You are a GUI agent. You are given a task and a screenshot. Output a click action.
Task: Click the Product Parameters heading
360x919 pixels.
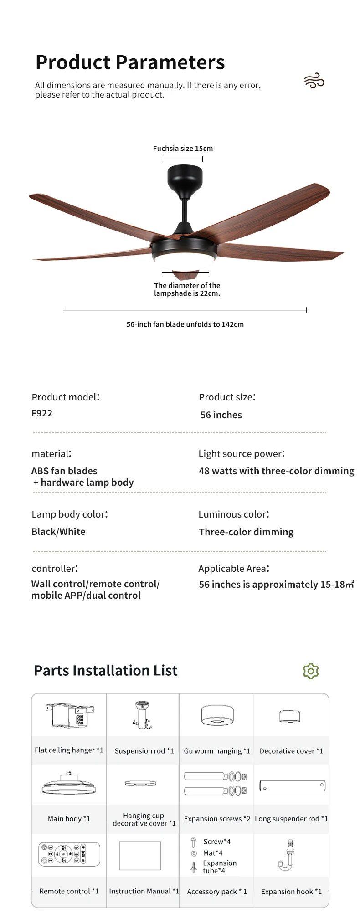(130, 62)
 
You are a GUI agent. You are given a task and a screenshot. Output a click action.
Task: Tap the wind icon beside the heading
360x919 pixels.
(314, 82)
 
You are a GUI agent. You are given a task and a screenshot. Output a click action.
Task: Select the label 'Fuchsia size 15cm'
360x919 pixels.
(183, 149)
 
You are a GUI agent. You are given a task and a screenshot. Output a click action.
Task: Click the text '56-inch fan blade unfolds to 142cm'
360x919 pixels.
(185, 324)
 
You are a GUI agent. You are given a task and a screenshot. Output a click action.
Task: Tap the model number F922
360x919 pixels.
(42, 413)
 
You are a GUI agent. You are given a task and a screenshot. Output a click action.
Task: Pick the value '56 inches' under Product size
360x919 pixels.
(221, 415)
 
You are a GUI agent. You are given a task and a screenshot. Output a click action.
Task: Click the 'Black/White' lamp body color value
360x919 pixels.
(58, 532)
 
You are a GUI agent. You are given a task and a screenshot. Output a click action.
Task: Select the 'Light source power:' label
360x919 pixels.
(242, 454)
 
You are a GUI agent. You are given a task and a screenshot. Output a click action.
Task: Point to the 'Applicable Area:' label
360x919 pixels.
(234, 569)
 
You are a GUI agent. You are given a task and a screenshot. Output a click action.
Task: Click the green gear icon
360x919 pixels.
(311, 671)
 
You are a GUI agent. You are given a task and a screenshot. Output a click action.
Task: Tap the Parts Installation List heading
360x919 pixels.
(106, 671)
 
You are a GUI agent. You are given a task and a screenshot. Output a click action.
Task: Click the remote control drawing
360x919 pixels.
(69, 853)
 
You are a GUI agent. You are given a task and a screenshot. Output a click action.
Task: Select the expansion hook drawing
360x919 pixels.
(288, 855)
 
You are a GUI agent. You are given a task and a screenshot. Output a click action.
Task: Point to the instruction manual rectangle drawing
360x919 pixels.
(140, 855)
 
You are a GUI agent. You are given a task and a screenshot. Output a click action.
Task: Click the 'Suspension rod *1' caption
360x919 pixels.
(144, 751)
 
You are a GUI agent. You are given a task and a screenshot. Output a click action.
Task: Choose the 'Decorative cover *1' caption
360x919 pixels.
(291, 751)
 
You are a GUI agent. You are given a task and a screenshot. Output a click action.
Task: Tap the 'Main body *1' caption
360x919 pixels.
(69, 819)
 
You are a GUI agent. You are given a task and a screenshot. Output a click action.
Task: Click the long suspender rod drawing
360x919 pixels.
(292, 786)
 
